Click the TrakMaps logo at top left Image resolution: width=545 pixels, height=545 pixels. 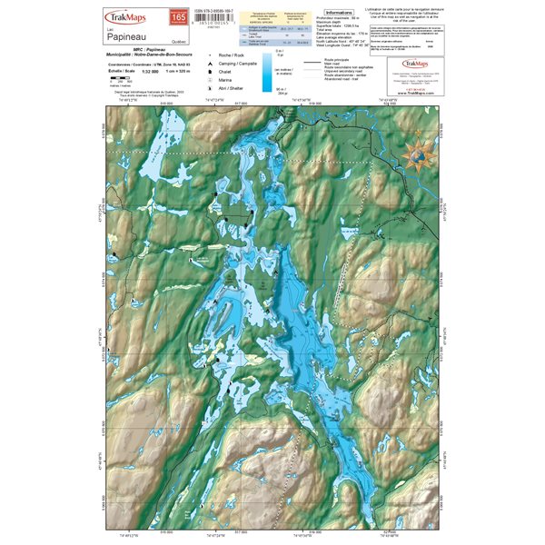tap(126, 16)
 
